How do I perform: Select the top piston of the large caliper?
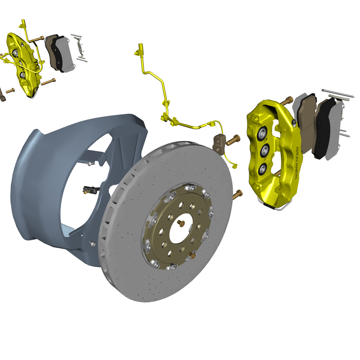263,133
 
